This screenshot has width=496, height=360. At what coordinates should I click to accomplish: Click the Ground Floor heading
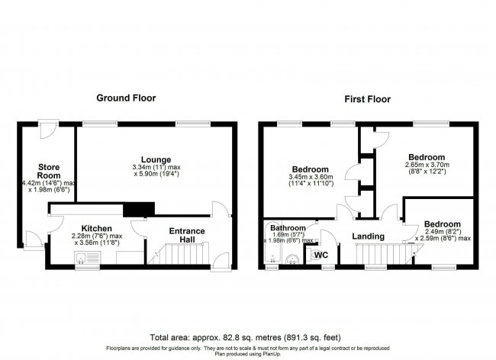pos(126,98)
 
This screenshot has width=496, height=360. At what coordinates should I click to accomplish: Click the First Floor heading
pos(367,98)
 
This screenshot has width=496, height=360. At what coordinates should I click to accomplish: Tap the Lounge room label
pos(156,159)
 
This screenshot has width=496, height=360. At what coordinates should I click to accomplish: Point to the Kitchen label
pos(97,228)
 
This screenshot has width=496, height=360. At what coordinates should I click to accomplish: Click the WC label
pos(321,254)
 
